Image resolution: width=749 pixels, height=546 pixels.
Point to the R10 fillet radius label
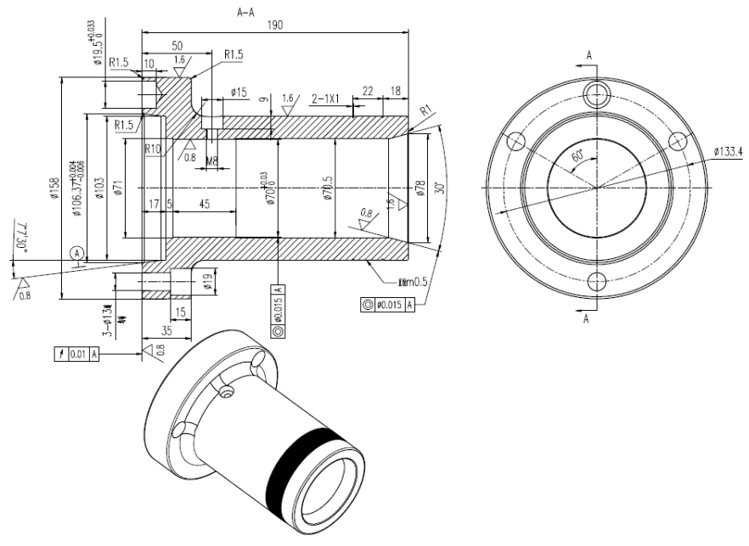point(153,149)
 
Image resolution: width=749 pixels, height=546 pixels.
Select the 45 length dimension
point(205,203)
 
